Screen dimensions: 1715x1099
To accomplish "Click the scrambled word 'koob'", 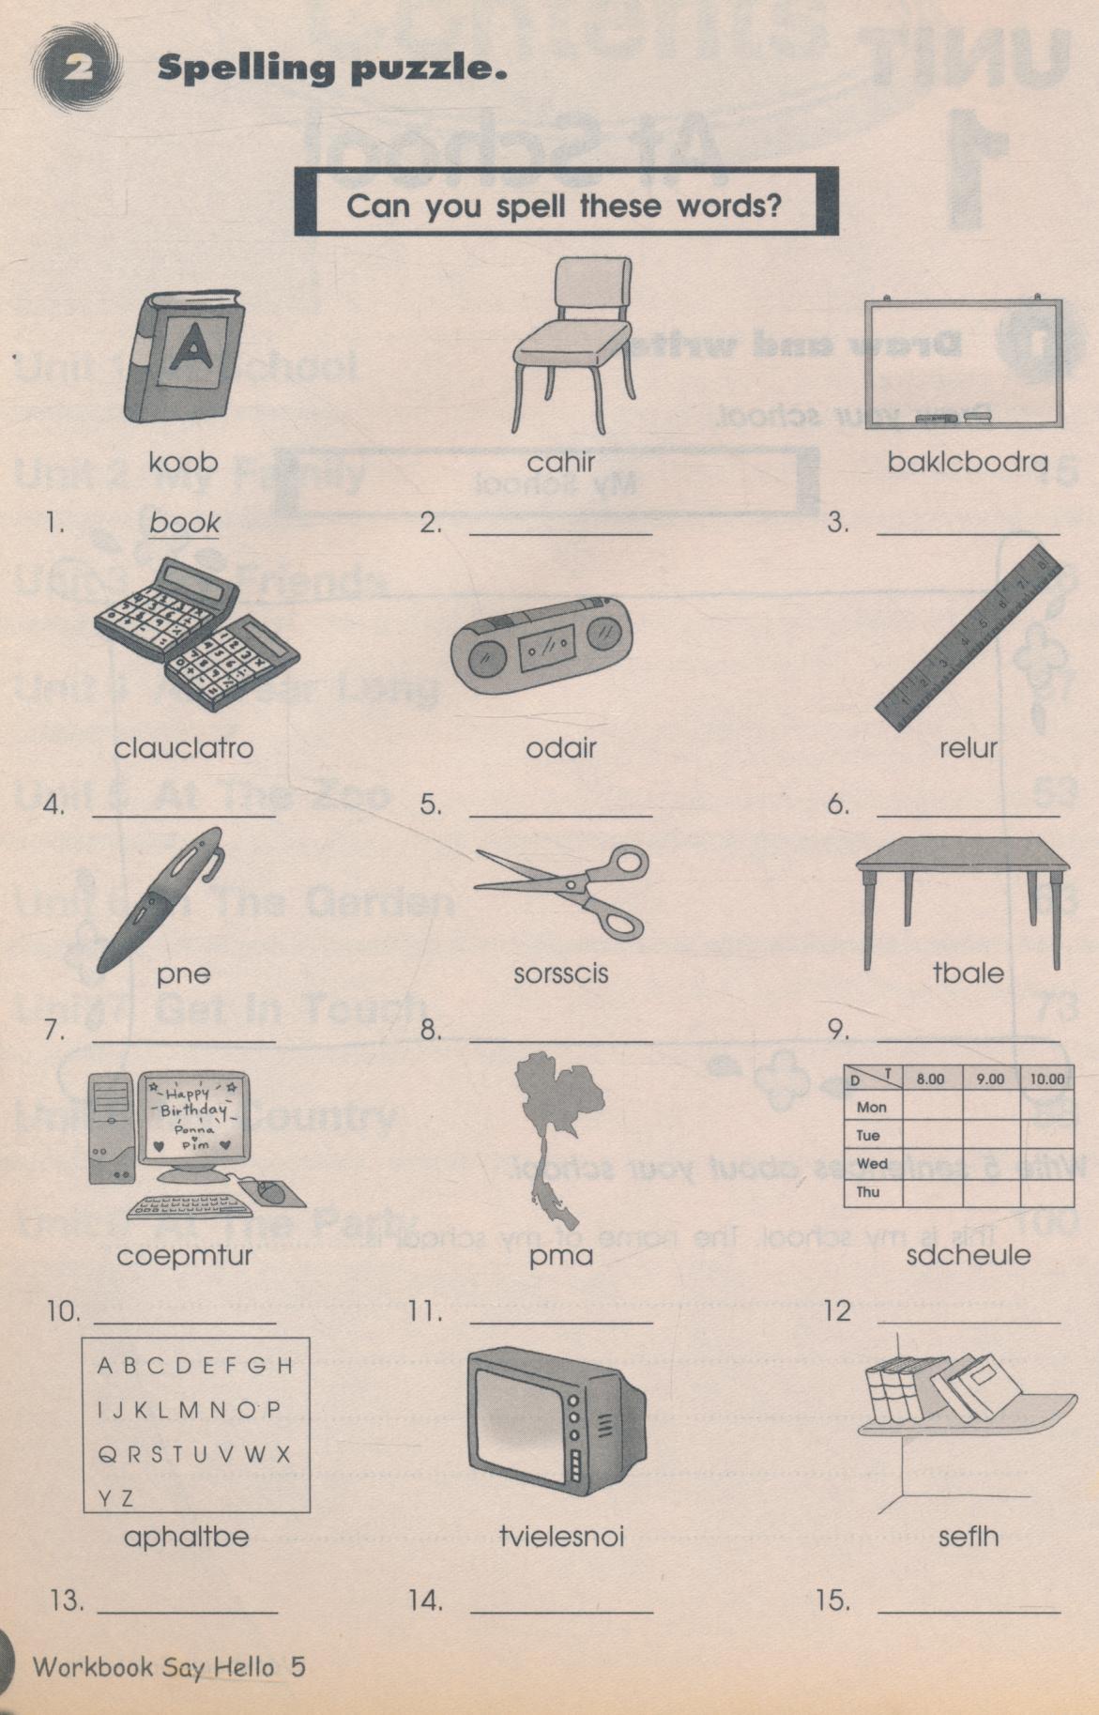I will coord(183,462).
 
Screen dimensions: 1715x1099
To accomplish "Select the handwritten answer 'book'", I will coord(185,523).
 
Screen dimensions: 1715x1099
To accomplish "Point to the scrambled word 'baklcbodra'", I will coord(968,462).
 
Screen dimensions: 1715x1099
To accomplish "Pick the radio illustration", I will coord(542,646).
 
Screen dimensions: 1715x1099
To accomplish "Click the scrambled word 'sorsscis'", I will coord(560,973).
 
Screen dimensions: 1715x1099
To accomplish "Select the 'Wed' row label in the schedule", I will coord(872,1164).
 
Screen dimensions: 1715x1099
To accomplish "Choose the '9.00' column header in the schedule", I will coord(989,1080).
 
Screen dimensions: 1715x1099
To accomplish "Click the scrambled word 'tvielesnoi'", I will coord(561,1537).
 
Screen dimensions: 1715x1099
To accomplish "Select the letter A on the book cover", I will coord(193,347).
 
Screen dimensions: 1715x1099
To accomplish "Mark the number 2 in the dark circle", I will coord(77,68).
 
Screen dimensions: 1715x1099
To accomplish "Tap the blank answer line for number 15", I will coord(969,1612).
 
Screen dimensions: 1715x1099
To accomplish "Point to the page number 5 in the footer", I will coord(298,1666).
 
